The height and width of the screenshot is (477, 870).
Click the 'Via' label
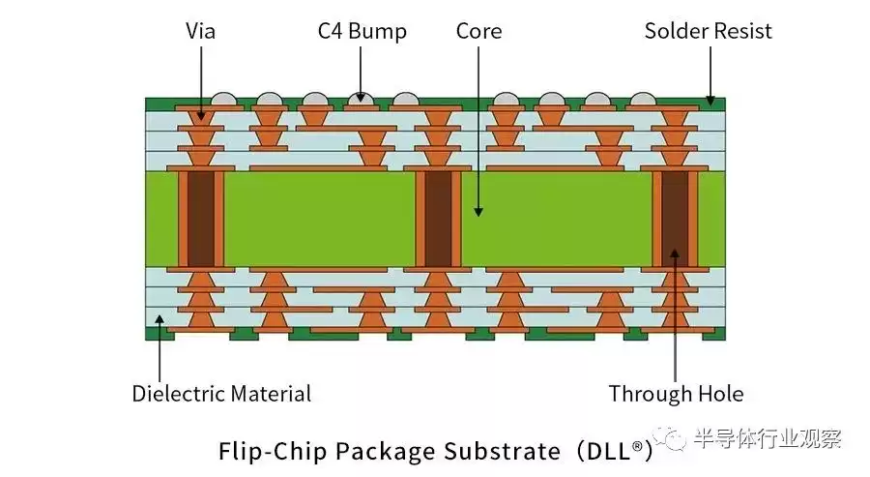pyautogui.click(x=200, y=31)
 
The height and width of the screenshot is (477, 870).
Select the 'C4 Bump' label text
pyautogui.click(x=362, y=31)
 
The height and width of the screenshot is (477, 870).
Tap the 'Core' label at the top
pyautogui.click(x=478, y=31)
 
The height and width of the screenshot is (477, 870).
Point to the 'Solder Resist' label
pyautogui.click(x=709, y=31)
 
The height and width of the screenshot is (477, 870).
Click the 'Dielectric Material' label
pyautogui.click(x=221, y=394)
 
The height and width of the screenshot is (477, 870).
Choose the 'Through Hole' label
pyautogui.click(x=676, y=394)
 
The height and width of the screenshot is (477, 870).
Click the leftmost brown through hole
pyautogui.click(x=201, y=219)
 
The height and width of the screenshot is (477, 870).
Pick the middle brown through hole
pyautogui.click(x=438, y=219)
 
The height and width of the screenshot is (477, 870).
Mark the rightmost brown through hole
pyautogui.click(x=675, y=219)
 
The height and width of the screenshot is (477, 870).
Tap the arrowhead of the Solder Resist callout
pyautogui.click(x=710, y=100)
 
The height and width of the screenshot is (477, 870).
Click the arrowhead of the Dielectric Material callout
pyautogui.click(x=159, y=318)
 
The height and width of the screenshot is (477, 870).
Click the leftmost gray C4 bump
pyautogui.click(x=223, y=99)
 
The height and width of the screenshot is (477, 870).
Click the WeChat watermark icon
pyautogui.click(x=679, y=439)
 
